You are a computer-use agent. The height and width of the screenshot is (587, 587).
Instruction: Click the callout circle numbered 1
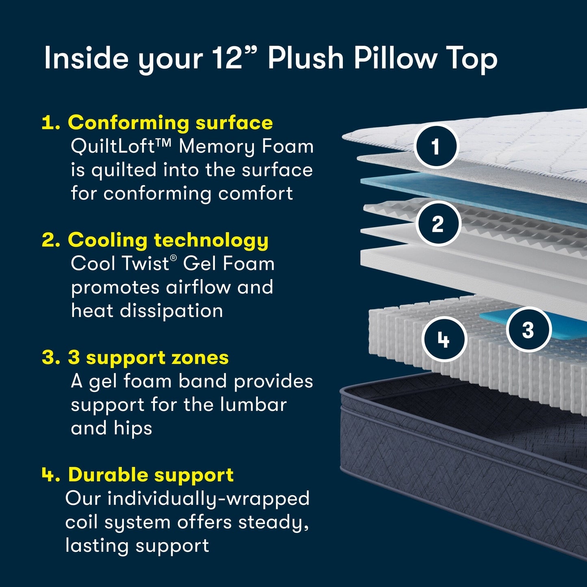click(x=436, y=146)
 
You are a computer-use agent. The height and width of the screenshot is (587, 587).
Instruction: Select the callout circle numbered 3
click(x=528, y=329)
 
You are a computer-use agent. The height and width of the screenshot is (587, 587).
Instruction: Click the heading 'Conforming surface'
click(x=170, y=122)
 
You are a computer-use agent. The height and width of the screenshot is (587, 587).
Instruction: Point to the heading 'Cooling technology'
click(x=168, y=240)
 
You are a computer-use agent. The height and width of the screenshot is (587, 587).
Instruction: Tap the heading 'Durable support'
click(x=151, y=474)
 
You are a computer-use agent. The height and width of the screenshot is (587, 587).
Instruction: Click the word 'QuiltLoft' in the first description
click(x=113, y=146)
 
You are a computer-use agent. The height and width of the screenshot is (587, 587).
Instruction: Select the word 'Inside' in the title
click(x=87, y=58)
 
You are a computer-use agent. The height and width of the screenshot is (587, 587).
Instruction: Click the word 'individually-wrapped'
click(x=208, y=498)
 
